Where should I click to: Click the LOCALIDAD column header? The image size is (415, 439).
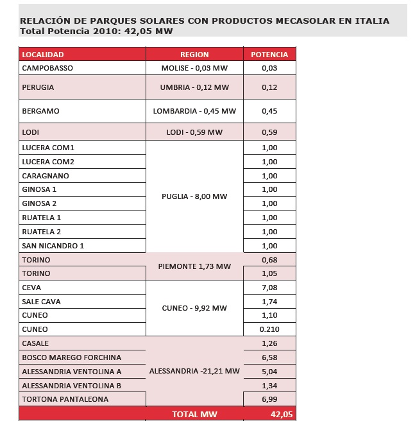tap(43, 55)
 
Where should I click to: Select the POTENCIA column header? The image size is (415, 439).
tap(269, 55)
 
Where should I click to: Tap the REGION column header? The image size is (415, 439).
tap(194, 55)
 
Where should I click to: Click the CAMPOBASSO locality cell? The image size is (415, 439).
tap(47, 68)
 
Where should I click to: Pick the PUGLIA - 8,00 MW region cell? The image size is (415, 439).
tap(194, 196)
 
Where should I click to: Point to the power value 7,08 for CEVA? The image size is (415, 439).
tap(269, 288)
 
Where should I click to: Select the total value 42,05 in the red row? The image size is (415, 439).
tap(281, 415)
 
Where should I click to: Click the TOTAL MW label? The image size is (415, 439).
tap(194, 415)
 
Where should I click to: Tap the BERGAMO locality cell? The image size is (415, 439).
tap(40, 111)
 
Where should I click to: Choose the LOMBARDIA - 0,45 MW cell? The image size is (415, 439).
tap(194, 111)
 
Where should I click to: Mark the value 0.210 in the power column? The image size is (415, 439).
tap(269, 330)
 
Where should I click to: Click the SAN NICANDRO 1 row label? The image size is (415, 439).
tap(53, 246)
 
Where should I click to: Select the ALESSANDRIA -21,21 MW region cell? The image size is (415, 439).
tap(194, 372)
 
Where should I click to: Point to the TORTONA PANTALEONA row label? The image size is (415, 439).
tap(65, 399)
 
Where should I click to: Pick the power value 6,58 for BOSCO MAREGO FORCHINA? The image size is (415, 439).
tap(269, 357)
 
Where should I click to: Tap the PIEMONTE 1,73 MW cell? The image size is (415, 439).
tap(194, 266)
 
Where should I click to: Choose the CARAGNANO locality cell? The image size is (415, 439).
tap(46, 176)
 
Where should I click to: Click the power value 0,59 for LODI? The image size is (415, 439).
tap(269, 133)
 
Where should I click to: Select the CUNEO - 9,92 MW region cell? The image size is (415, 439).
tap(194, 308)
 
